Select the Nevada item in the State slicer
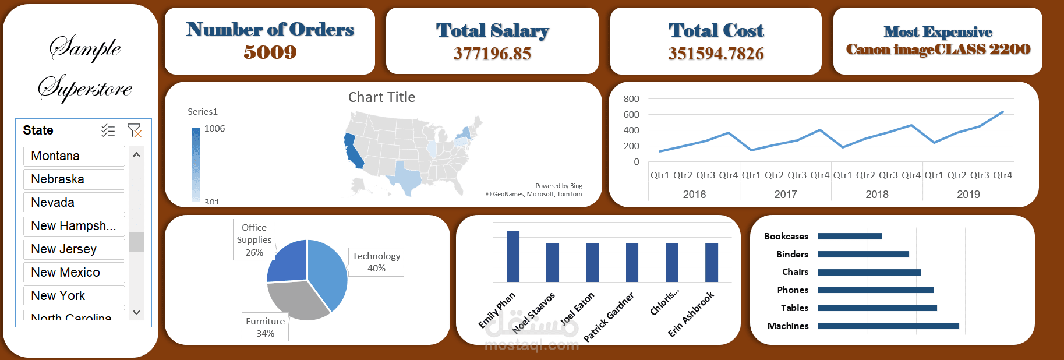tap(74, 203)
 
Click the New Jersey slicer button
tap(74, 249)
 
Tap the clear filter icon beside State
tap(134, 130)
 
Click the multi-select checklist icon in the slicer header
tap(108, 130)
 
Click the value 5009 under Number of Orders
tap(270, 52)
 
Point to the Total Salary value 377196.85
tap(492, 54)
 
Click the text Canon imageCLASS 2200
tap(938, 50)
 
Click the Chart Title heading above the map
tap(381, 97)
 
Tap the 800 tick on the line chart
tap(631, 99)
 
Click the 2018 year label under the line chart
tap(876, 195)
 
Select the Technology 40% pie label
tap(376, 262)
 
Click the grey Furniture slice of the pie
tap(297, 300)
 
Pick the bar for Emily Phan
tap(512, 256)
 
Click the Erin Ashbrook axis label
tap(691, 314)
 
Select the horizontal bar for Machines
tap(888, 326)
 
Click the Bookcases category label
tap(786, 237)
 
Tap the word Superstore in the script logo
tap(86, 89)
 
